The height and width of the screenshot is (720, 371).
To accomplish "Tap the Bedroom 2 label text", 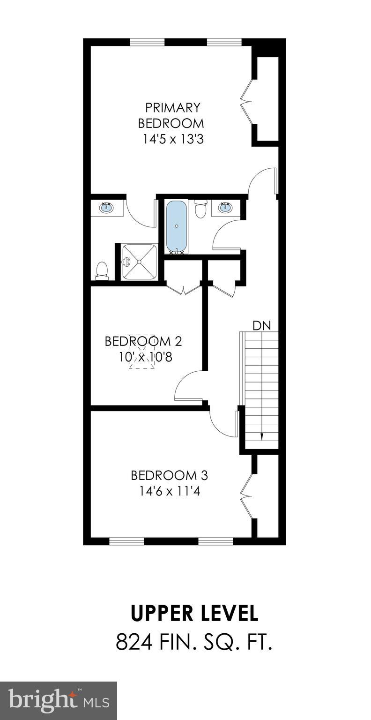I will (x=143, y=341).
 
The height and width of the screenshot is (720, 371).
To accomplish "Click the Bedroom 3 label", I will (x=169, y=475).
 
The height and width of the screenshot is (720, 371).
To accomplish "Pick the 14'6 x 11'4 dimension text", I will (x=170, y=491).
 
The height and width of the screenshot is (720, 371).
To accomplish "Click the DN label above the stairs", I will (x=262, y=326).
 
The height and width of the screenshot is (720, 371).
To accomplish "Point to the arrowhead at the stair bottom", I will (x=261, y=437).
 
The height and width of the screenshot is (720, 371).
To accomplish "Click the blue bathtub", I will (x=177, y=226).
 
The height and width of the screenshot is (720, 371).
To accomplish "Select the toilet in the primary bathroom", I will (x=102, y=270).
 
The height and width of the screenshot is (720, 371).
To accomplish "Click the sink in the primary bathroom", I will (x=106, y=207).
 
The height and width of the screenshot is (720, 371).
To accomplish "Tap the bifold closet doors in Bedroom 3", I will (x=246, y=495).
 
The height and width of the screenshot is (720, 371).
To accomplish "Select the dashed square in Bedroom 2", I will (x=141, y=351).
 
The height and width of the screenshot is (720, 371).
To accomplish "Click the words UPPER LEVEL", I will (x=194, y=614).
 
